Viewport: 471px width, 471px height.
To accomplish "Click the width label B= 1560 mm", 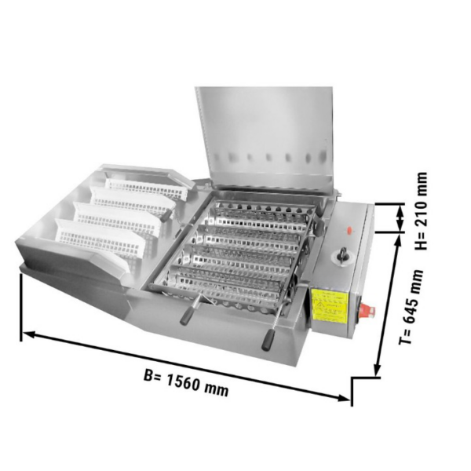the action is tap(186, 384).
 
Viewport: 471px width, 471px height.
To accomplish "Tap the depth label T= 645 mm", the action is tap(411, 306).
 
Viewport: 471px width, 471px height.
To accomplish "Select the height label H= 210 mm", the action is tap(421, 211).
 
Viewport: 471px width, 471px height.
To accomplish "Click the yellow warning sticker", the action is tap(330, 305).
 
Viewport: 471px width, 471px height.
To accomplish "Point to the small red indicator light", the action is tap(349, 230).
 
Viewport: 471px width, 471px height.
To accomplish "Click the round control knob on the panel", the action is tap(341, 256).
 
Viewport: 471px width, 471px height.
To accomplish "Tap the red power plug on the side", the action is tap(367, 311).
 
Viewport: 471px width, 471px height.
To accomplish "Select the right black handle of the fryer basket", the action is tap(268, 340).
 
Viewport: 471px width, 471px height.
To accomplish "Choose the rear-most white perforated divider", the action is tap(146, 188).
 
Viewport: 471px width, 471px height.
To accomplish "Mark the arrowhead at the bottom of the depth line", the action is tap(378, 369).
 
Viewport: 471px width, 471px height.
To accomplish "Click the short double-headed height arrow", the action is tap(400, 217).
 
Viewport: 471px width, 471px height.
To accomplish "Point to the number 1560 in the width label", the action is tap(184, 383).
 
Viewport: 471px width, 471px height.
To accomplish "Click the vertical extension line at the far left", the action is tap(21, 308).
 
